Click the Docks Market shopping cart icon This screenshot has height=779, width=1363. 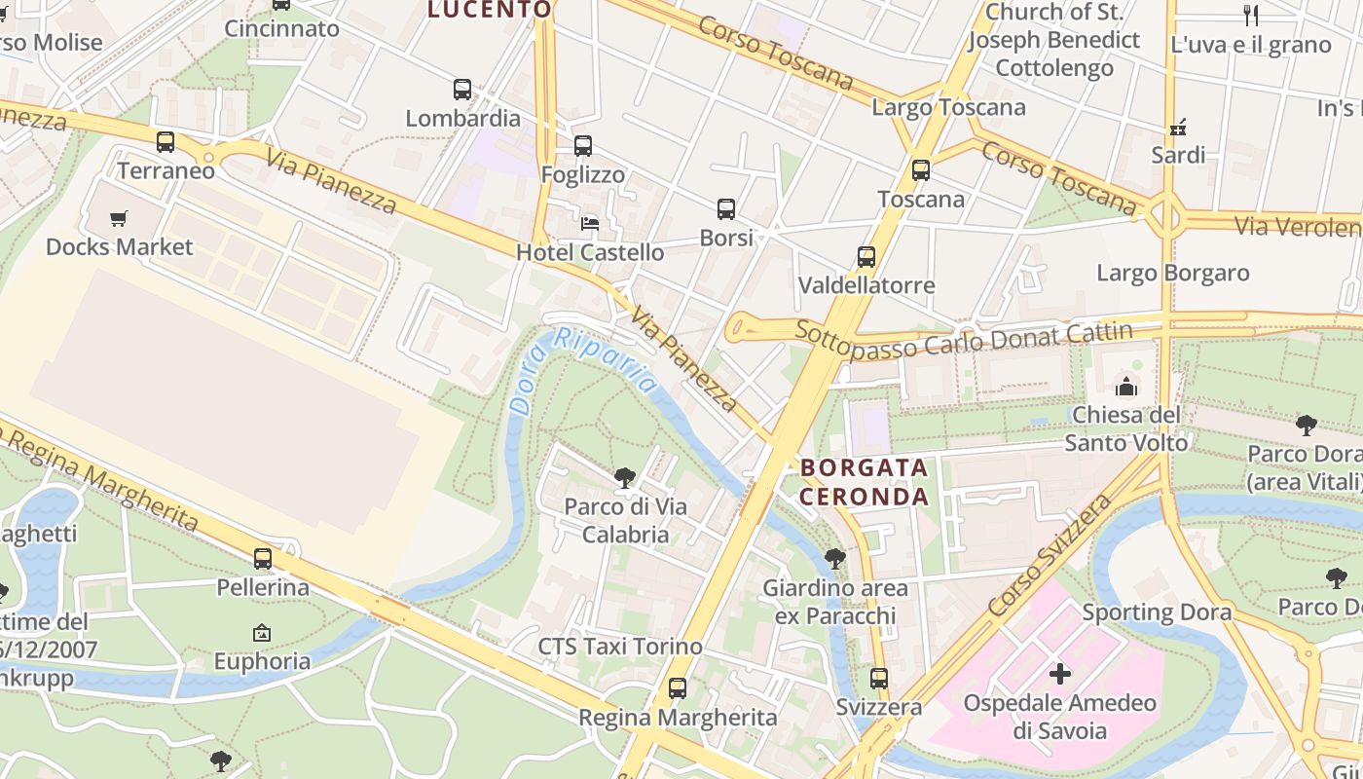[119, 218]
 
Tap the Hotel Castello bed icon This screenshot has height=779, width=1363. [590, 223]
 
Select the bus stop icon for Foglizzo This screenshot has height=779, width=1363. [583, 146]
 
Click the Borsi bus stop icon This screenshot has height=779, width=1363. [726, 208]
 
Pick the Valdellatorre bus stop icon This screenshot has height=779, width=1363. [866, 257]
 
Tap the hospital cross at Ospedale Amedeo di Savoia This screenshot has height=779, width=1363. [1060, 673]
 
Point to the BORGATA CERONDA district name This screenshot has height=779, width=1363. [865, 481]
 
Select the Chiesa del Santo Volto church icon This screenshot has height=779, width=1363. [1126, 387]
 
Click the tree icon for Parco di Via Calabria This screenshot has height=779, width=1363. [625, 477]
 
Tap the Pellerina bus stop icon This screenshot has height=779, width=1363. [263, 559]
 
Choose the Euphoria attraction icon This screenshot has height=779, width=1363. [262, 633]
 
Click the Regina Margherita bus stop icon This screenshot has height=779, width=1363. [678, 688]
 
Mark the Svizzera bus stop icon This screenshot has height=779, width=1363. [879, 678]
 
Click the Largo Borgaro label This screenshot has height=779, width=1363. [1173, 272]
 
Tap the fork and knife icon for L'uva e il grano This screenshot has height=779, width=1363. [1251, 16]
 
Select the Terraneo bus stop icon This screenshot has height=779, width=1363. [166, 142]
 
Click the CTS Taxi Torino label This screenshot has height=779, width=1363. [620, 647]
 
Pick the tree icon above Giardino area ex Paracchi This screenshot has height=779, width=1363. [834, 559]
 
